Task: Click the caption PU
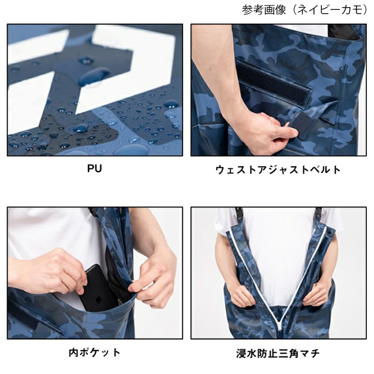pos(95,169)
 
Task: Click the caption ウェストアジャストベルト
pos(278,169)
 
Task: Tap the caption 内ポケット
pos(95,352)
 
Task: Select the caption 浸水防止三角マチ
pos(278,353)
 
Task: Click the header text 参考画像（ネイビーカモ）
pos(305,10)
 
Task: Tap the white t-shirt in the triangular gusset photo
pos(278,253)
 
